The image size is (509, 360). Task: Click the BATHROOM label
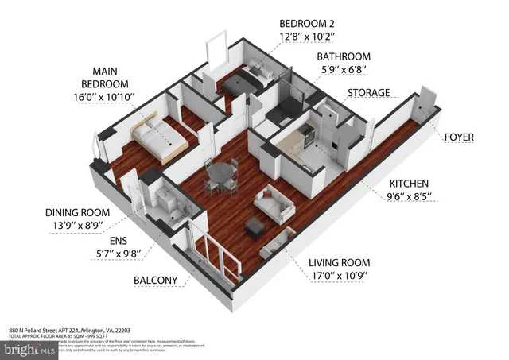(x=344, y=57)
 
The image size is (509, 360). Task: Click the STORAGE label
(x=368, y=93)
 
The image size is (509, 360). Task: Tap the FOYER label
(x=459, y=137)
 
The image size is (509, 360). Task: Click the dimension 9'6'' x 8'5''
(x=409, y=198)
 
